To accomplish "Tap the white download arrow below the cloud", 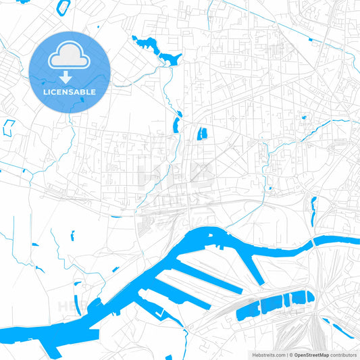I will (70, 77).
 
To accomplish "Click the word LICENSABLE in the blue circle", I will (70, 92).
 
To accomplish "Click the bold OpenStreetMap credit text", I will (311, 355).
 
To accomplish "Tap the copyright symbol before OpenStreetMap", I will (290, 355).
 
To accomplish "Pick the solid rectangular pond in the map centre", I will (201, 133).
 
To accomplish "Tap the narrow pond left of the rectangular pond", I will (176, 125).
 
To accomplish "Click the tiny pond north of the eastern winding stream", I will (303, 118).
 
